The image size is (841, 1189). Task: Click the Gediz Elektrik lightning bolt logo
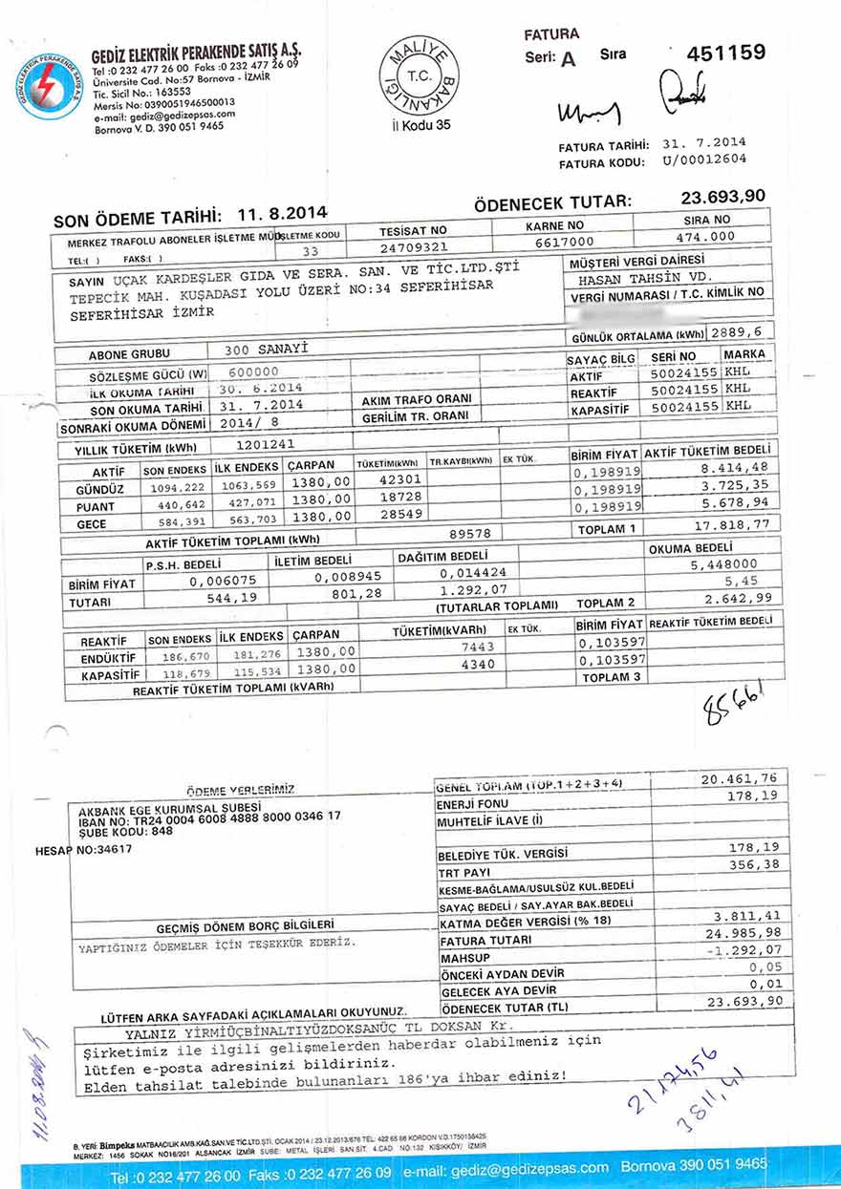[x=49, y=87]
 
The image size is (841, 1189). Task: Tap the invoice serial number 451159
[x=725, y=53]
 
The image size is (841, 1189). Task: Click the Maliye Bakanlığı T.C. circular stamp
[x=420, y=75]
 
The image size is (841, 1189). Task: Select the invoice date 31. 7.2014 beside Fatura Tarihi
[x=703, y=144]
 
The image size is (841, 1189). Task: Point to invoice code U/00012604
[x=703, y=160]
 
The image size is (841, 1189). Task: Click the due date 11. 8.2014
[x=283, y=212]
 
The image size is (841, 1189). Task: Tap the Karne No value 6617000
[x=564, y=242]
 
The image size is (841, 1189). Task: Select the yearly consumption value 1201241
[x=268, y=444]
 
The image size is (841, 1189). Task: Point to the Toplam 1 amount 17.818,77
[x=727, y=523]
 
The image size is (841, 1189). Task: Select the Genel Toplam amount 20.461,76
[x=738, y=779]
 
